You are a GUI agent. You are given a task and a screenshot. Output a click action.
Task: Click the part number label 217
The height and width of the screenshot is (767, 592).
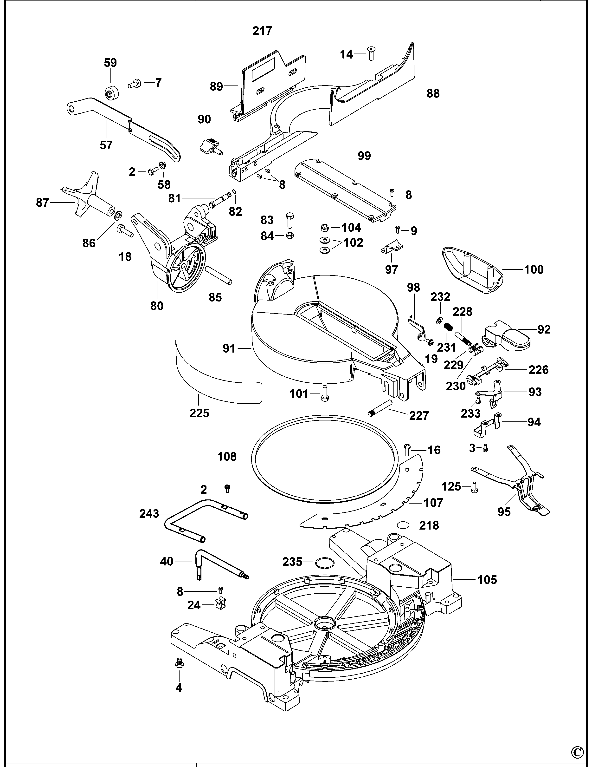coord(262,31)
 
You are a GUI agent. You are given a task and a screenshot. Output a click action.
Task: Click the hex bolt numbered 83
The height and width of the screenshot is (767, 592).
coord(290,220)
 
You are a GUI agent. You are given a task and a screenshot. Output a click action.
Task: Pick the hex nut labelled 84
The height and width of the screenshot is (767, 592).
coord(290,235)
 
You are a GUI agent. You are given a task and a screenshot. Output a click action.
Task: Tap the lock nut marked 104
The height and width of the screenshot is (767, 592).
coord(325,228)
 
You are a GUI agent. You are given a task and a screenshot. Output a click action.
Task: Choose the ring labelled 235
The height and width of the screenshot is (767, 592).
coord(323,562)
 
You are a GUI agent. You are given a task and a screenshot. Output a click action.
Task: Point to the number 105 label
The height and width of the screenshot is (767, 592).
coord(487,579)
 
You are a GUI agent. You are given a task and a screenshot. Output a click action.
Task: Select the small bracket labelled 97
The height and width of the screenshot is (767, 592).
coord(392,247)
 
